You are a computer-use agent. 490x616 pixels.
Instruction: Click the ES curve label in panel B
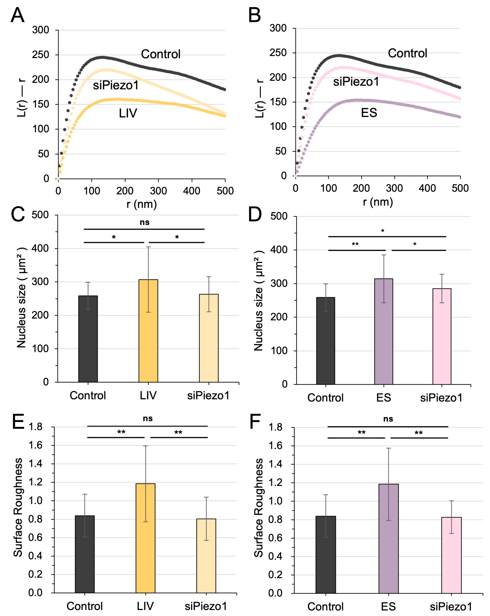pos(369,113)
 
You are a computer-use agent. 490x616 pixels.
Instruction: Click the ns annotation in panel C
pos(144,222)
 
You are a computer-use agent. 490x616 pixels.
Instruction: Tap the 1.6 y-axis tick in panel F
pos(275,446)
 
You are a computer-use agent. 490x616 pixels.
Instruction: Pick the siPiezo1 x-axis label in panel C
pos(208,396)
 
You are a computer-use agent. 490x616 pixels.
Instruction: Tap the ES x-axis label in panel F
pos(388,606)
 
